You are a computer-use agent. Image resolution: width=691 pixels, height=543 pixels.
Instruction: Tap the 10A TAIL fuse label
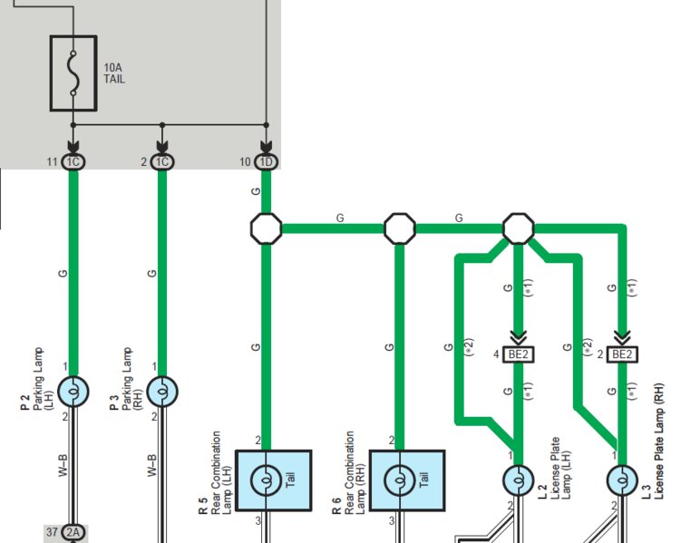click(x=114, y=73)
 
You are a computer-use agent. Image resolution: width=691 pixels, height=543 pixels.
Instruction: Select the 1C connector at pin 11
click(x=73, y=162)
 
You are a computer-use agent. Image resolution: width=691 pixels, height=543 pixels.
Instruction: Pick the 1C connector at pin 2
click(x=162, y=162)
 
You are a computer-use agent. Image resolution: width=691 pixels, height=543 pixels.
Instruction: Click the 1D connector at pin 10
click(x=267, y=162)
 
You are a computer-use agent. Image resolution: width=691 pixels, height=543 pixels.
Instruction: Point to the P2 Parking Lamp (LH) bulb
click(x=73, y=391)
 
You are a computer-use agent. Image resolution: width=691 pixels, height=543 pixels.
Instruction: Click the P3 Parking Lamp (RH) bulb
click(x=162, y=391)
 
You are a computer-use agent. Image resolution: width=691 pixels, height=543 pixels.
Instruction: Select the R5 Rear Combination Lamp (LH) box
click(x=274, y=480)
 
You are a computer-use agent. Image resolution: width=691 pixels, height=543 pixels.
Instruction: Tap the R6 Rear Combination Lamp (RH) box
click(x=407, y=480)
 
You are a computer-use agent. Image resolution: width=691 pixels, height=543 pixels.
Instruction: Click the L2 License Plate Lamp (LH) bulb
click(x=519, y=480)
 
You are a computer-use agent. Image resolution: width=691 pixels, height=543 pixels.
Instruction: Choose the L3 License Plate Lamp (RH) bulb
click(x=622, y=480)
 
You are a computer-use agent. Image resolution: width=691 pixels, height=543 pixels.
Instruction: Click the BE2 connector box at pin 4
click(x=519, y=354)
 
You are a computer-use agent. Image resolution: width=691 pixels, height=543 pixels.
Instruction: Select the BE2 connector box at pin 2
click(x=622, y=354)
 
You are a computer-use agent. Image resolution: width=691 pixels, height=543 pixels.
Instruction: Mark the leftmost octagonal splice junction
click(x=267, y=228)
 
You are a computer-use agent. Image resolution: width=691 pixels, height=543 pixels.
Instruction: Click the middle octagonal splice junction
click(x=400, y=228)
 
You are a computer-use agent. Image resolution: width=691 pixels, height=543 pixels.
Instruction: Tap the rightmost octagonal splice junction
click(x=519, y=228)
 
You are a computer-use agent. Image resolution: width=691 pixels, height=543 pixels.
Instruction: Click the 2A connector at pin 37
click(x=73, y=533)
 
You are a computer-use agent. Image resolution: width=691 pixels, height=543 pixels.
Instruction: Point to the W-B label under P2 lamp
click(x=63, y=465)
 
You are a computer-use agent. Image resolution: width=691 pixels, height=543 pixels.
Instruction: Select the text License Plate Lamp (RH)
click(x=658, y=441)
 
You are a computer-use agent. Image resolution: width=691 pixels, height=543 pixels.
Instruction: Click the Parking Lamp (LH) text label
click(x=44, y=379)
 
